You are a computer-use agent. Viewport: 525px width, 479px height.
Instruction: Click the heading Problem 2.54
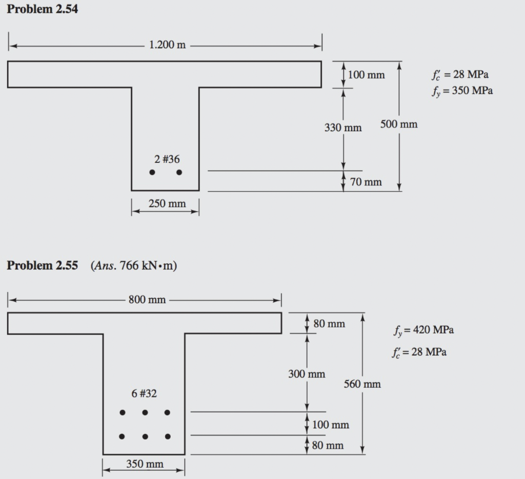42,9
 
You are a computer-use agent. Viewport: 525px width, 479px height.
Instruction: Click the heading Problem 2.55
42,265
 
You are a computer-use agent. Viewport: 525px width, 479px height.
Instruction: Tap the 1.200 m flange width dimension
167,45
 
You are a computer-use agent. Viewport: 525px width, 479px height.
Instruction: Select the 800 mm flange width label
147,300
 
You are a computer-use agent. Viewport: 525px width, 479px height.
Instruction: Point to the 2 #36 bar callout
167,159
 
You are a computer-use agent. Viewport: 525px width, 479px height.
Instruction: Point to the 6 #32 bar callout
144,393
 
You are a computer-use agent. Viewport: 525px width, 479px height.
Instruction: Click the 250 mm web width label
167,204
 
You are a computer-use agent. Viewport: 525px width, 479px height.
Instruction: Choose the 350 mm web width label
145,464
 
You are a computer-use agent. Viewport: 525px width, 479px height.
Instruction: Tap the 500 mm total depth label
399,124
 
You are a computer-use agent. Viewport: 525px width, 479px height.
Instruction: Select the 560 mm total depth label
362,384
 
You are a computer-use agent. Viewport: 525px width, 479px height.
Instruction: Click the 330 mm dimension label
343,128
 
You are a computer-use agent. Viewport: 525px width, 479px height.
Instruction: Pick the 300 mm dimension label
307,374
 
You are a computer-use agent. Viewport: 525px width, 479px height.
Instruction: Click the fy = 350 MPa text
462,91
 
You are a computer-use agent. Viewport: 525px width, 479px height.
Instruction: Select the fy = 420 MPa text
423,329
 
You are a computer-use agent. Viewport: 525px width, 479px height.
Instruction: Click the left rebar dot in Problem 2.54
152,173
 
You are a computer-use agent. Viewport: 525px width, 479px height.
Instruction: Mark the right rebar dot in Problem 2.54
179,173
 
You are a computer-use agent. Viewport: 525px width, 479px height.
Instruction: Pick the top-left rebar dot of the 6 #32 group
122,412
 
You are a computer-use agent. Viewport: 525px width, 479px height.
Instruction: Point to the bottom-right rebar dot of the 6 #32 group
168,436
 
